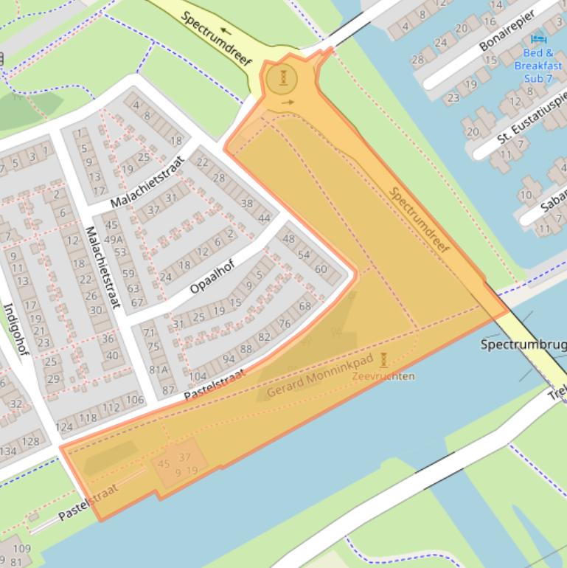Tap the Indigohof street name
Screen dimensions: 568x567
(15, 329)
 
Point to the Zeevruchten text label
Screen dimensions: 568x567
(383, 376)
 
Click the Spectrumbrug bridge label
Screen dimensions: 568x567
(523, 344)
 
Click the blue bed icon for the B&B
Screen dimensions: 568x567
(539, 38)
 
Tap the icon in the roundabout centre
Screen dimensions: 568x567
(283, 77)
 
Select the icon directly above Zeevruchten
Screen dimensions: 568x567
(383, 361)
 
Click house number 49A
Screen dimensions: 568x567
(114, 239)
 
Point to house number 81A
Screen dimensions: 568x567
(159, 370)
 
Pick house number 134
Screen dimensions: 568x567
(7, 451)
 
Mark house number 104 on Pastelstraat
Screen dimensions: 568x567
(198, 375)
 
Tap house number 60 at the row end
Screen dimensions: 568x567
(321, 269)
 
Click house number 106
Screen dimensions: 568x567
(134, 400)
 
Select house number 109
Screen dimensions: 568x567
(21, 548)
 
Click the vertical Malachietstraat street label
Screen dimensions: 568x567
(103, 266)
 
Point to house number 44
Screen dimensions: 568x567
(264, 218)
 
